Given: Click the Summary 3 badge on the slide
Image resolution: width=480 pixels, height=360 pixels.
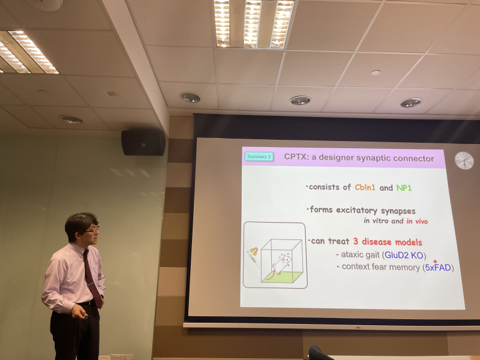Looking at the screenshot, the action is click(x=259, y=157).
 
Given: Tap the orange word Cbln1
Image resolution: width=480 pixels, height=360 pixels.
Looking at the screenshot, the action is click(x=365, y=187).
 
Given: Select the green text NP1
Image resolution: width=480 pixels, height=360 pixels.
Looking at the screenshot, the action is click(x=404, y=188).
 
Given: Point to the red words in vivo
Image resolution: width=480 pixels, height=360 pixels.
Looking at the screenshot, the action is click(x=417, y=221).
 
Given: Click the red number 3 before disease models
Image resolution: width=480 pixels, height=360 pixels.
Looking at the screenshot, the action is click(x=355, y=241).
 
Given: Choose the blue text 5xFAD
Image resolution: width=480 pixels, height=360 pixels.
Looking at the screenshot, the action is click(x=438, y=268).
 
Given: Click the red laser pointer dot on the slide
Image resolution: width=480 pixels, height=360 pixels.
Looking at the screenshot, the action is click(x=436, y=262).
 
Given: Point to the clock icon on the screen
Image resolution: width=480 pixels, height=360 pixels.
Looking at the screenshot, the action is click(x=464, y=160).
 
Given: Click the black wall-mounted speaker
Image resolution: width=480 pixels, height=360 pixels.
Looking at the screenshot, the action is click(x=143, y=143).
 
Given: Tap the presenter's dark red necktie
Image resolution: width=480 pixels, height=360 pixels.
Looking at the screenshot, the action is click(x=92, y=278).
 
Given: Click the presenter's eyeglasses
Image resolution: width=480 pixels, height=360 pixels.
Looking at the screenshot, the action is click(x=92, y=230).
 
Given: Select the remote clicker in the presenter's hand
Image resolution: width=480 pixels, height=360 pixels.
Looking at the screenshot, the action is click(x=85, y=316).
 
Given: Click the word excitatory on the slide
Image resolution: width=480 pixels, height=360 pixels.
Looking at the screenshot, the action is click(x=356, y=211).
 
